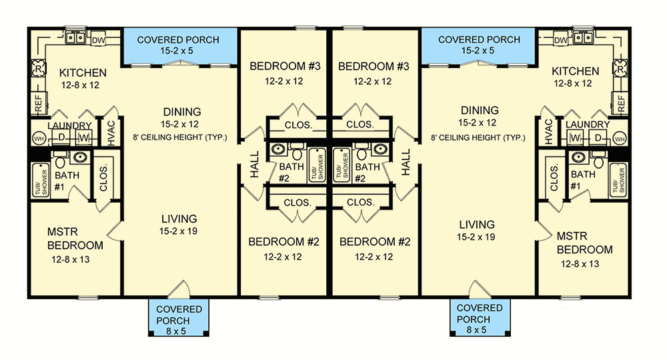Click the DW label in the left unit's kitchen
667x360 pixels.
coord(97,40)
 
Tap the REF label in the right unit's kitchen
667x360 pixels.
coord(622,104)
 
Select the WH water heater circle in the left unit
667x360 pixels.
coord(37,139)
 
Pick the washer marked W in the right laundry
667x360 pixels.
coord(574,139)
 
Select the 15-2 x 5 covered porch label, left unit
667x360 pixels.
coord(178,45)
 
